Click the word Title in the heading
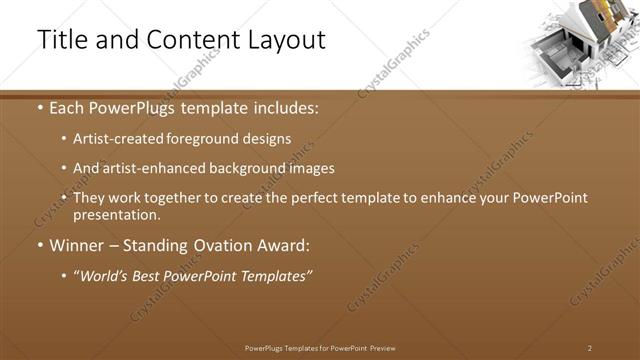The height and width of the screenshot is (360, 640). point(59,39)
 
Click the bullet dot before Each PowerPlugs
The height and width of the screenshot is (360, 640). point(39,107)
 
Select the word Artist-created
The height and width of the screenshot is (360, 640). point(121,139)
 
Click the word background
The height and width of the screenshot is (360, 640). point(244,168)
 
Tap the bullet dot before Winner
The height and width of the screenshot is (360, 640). point(39,245)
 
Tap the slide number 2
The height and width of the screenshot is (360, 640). point(590,348)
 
